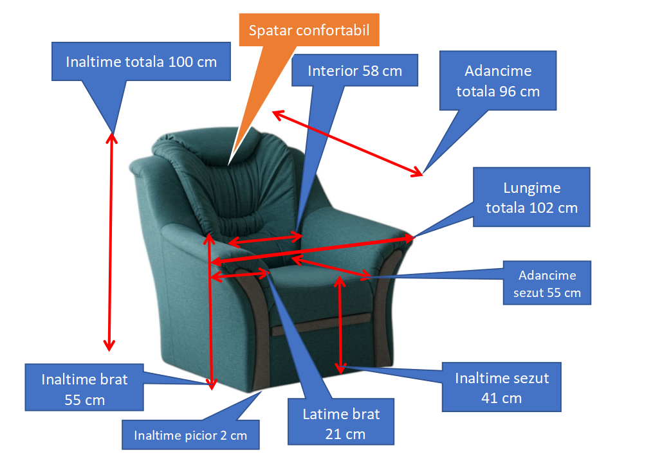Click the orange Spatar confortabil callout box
[x=309, y=30]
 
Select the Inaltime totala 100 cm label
[x=141, y=62]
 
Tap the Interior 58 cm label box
[x=354, y=70]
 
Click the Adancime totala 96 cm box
[x=498, y=80]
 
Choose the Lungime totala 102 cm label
[x=531, y=197]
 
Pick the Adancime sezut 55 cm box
[x=547, y=283]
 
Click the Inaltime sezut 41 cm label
[x=502, y=387]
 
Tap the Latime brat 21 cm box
[x=341, y=423]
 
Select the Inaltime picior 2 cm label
[x=190, y=435]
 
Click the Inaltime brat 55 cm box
[x=84, y=388]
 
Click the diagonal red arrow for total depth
[x=347, y=143]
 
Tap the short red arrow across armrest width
[x=240, y=274]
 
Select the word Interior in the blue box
[x=333, y=70]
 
